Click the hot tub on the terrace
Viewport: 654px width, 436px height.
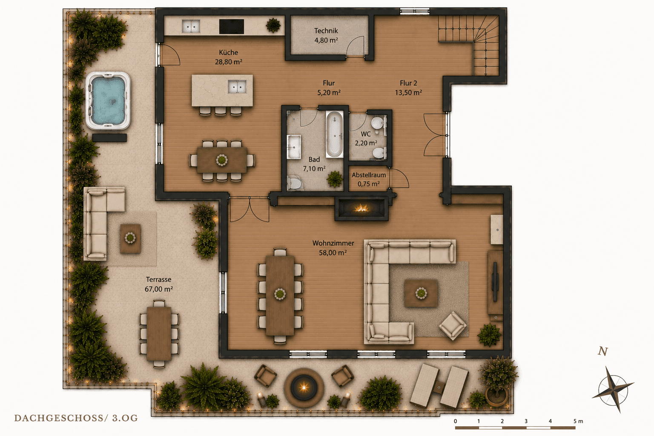108,101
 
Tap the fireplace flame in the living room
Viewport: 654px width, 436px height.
361,208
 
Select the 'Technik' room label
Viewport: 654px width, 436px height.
326,31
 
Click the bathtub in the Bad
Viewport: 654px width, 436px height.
335,134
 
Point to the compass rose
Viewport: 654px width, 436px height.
614,389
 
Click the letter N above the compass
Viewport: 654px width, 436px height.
603,351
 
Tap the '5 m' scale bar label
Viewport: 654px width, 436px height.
578,421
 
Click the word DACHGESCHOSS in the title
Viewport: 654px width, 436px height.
58,418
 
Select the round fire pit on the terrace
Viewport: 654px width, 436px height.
304,387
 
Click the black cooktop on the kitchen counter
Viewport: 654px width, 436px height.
232,26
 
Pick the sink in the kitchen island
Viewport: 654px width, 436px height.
237,87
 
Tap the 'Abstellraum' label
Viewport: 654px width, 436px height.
369,175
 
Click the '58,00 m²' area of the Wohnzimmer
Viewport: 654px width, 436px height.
333,252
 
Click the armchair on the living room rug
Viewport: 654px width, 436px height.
453,326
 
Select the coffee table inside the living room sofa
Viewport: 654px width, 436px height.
421,293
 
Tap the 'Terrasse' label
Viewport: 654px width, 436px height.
158,279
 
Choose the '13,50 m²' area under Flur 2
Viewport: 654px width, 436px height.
408,92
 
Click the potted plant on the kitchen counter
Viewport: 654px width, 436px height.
273,26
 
